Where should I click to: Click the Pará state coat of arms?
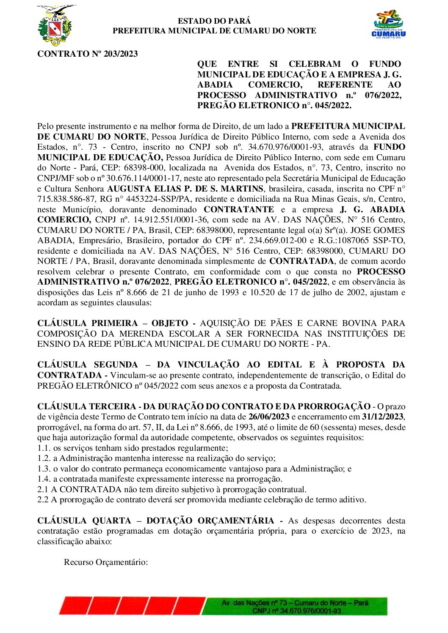[55, 26]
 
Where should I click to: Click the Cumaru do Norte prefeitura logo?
[388, 25]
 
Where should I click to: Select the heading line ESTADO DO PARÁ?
[214, 21]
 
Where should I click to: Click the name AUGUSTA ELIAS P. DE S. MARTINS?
[185, 189]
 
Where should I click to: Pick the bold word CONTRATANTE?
[239, 209]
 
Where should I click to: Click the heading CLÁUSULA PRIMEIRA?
[88, 323]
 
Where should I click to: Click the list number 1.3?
[44, 469]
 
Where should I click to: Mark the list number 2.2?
[43, 500]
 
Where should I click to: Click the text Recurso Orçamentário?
[106, 562]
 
